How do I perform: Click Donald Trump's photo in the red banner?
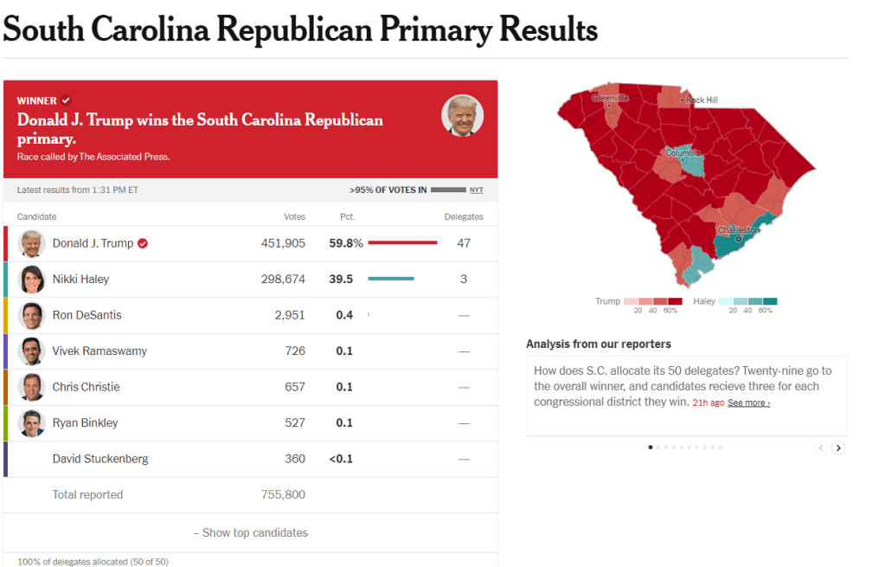[x=462, y=115]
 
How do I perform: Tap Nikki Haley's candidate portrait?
[x=32, y=279]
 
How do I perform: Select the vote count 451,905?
[x=283, y=243]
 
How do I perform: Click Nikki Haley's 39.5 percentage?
[x=344, y=279]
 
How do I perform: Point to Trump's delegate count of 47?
[x=464, y=243]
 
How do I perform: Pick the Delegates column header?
[x=464, y=216]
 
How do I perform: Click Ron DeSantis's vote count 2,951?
[x=290, y=315]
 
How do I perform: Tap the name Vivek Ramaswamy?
[x=99, y=351]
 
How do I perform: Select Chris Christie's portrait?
[x=32, y=387]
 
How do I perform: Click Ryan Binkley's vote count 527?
[x=295, y=422]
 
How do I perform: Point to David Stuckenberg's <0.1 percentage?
[x=341, y=459]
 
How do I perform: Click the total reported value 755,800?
[x=283, y=494]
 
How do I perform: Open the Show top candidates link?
[x=251, y=532]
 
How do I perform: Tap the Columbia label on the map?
[x=683, y=153]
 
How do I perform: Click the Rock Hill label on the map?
[x=702, y=100]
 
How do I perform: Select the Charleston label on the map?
[x=738, y=231]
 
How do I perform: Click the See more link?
[x=748, y=403]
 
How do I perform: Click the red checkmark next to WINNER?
[x=66, y=100]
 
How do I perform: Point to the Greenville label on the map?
[x=610, y=98]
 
